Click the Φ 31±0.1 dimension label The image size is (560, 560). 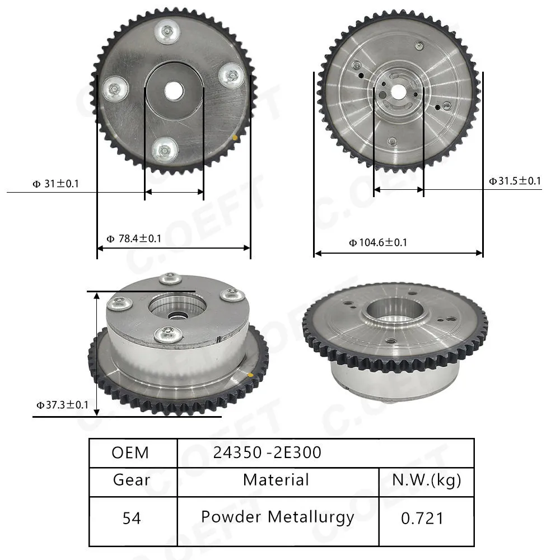[x=55, y=184]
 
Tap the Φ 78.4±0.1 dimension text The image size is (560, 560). [x=134, y=238]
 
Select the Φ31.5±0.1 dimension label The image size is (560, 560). [x=515, y=181]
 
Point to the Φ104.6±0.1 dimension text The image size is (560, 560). [x=378, y=242]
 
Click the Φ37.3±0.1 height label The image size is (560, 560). [x=62, y=405]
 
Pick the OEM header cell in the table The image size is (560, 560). [x=130, y=452]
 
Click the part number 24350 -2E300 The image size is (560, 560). [x=267, y=452]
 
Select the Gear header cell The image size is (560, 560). [x=132, y=480]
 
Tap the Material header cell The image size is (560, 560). [x=276, y=480]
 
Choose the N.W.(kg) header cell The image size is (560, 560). [x=426, y=480]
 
